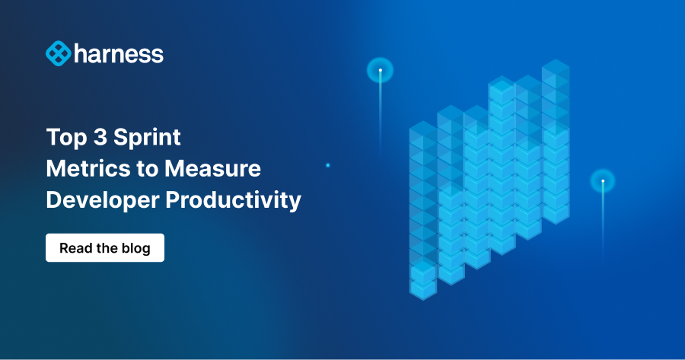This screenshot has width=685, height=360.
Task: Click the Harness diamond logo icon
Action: coord(59,53)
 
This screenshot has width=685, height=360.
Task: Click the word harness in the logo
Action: coord(119,53)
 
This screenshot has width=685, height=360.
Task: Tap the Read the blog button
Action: coord(105,248)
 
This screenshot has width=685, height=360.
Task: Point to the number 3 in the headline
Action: coord(97,137)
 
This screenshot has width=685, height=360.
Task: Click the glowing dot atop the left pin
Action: coord(380,71)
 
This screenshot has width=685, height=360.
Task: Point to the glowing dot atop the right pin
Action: coord(603,181)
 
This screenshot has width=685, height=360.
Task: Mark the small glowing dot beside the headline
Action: coord(328,165)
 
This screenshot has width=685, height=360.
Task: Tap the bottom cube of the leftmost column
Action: coord(422,285)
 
